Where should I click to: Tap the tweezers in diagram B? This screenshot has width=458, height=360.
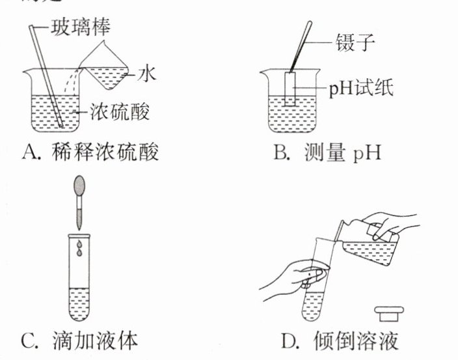(x=301, y=46)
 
